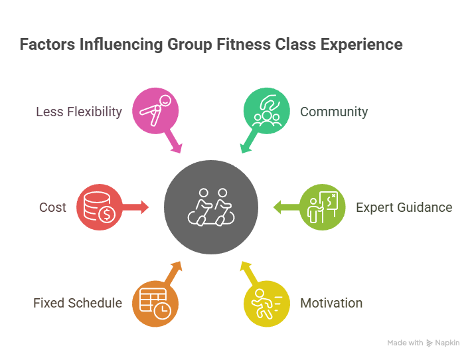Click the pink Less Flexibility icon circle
tap(155, 111)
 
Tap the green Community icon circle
tap(267, 111)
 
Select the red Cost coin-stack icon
tap(100, 207)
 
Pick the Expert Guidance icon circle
tap(322, 207)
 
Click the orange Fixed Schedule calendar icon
tap(155, 304)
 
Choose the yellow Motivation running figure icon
tap(267, 304)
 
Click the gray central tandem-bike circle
tap(211, 207)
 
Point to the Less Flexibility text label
tap(79, 112)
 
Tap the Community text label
tap(334, 112)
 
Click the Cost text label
tap(52, 207)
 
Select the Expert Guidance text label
tap(404, 207)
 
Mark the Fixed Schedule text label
tap(78, 303)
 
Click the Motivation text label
tap(331, 303)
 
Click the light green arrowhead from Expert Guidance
tap(277, 207)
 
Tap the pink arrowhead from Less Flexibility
tap(177, 147)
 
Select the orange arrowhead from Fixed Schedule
tap(177, 267)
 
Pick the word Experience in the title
tap(362, 45)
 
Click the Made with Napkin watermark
tap(424, 343)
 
